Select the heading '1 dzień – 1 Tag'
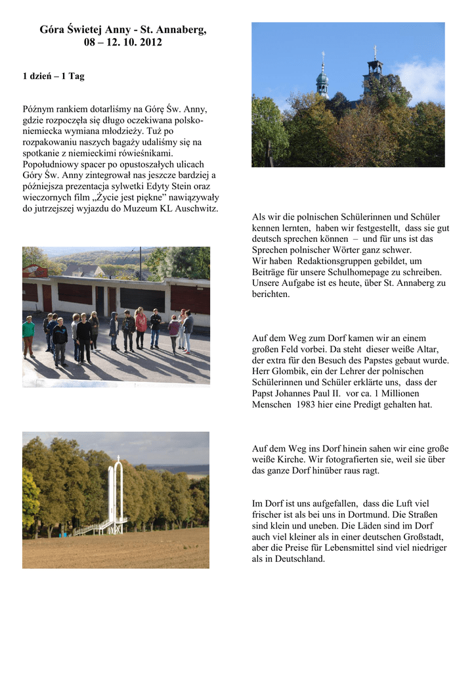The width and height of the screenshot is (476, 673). pyautogui.click(x=53, y=76)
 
